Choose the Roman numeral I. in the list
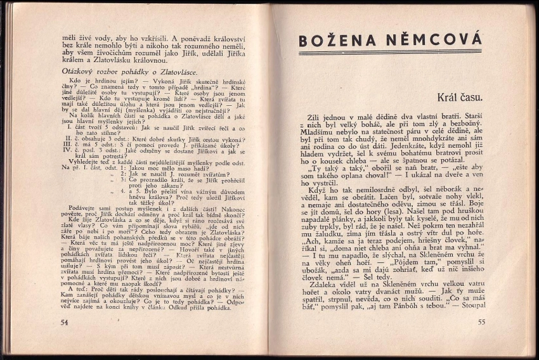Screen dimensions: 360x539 coord(70,127)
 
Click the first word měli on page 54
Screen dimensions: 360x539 coord(70,38)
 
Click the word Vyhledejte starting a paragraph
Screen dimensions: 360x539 coord(86,162)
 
